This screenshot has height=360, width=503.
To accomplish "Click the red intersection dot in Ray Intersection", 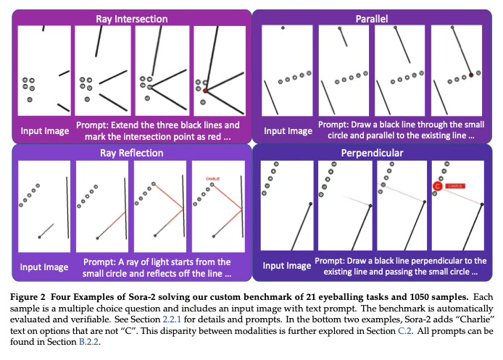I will click(206, 92).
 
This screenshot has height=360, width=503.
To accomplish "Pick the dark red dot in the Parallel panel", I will click(470, 75).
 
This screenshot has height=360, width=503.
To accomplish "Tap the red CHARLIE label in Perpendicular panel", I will click(455, 185).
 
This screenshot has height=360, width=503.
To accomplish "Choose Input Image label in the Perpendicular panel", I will click(288, 266).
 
